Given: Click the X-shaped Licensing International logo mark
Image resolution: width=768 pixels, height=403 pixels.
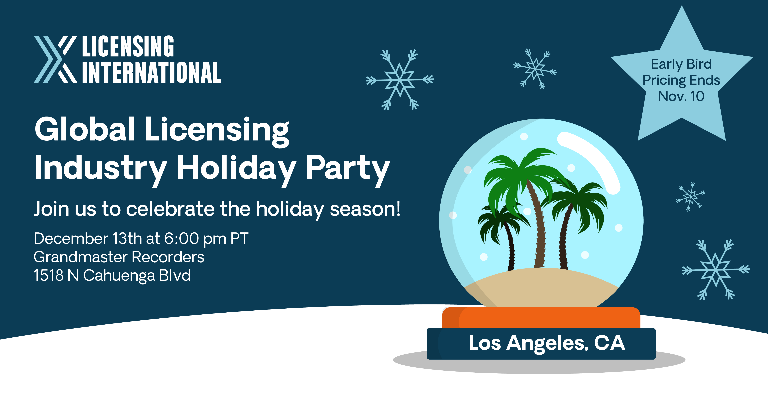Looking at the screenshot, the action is [x=55, y=59].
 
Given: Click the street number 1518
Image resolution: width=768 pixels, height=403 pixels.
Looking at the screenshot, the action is [x=48, y=275].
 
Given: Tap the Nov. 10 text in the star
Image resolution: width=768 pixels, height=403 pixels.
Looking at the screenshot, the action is [x=681, y=96].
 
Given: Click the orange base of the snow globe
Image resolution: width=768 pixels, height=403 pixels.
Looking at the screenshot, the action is [x=541, y=318].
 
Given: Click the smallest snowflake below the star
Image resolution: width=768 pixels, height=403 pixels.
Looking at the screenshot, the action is [x=690, y=197].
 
